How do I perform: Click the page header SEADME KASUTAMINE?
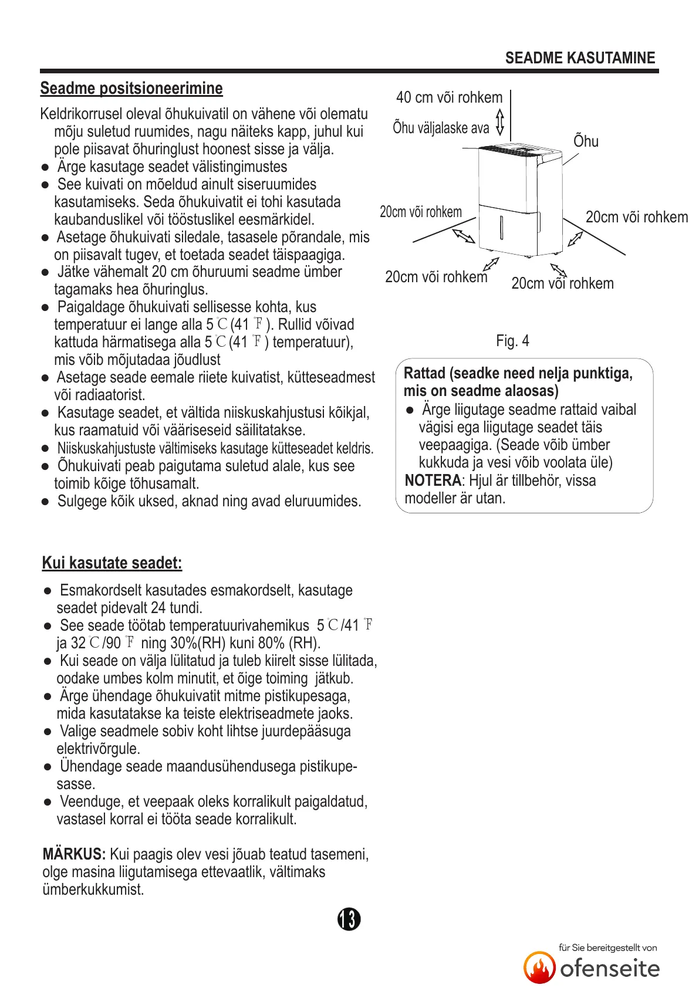pos(580,58)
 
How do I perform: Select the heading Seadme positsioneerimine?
pos(131,89)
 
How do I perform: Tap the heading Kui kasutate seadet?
pos(112,563)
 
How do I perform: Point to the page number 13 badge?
pos(349,919)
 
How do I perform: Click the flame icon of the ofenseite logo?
pos(539,967)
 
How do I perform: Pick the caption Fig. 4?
pos(512,341)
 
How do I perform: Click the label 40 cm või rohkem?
pos(449,97)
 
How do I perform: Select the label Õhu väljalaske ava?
pos(441,128)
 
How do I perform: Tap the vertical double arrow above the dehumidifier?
pos(500,122)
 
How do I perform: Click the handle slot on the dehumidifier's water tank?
pos(501,227)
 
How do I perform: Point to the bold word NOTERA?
pos(433,481)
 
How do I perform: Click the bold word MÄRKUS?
pos(74,854)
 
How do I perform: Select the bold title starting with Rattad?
pos(518,382)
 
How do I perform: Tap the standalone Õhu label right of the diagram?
pos(586,141)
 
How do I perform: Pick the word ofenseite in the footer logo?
pos(610,969)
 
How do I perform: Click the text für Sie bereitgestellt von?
pos(607,948)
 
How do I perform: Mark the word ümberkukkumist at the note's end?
pos(93,889)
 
